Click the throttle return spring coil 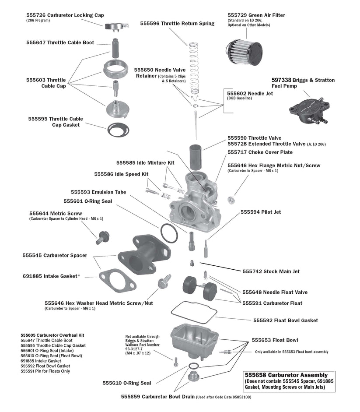coord(193,66)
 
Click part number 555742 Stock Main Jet coord(271,271)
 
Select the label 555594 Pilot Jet coord(261,212)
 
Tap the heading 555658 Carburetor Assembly coord(286,375)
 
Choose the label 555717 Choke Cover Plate coord(260,152)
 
